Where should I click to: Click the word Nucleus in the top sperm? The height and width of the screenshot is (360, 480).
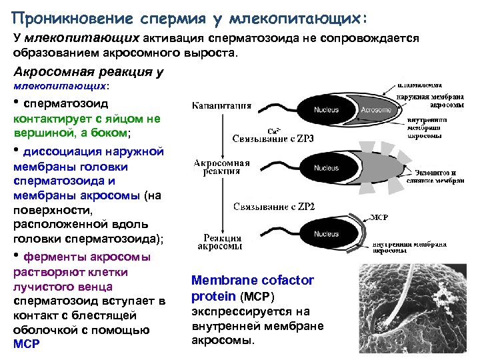327,109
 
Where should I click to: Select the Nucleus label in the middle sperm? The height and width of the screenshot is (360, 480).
327,169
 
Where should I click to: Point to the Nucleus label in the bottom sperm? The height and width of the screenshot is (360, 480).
327,234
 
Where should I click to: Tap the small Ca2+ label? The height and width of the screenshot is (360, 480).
273,131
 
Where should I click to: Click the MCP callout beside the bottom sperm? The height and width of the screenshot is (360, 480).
379,217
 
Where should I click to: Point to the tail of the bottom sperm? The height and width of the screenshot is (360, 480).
263,235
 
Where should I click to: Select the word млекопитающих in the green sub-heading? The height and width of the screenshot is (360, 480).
59,87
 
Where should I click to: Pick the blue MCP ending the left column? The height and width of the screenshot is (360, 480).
26,344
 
